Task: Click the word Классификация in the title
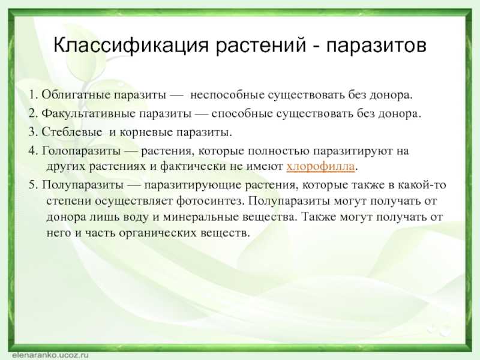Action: tap(131, 46)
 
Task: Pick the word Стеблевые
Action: tap(71, 132)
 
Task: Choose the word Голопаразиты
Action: tap(81, 151)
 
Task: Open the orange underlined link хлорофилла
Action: tap(320, 166)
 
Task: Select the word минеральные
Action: tap(200, 217)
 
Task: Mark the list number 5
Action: tap(33, 185)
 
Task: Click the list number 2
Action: tap(33, 113)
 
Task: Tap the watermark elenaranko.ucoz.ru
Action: tap(50, 355)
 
